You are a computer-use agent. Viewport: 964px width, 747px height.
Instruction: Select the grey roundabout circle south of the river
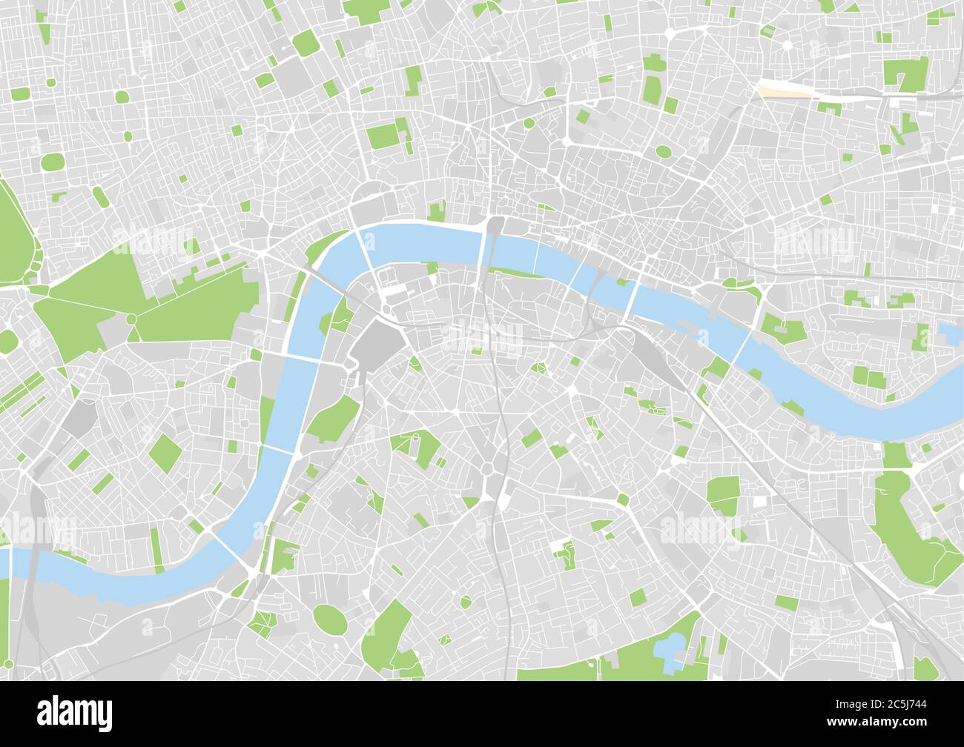pos(487,468)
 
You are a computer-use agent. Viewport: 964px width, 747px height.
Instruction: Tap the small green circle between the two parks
pos(131,319)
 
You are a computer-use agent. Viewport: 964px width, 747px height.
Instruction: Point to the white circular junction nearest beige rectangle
pos(787,44)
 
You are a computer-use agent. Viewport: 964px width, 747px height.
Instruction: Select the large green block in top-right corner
pos(905,73)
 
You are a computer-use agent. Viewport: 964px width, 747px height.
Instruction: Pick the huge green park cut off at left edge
pos(16,237)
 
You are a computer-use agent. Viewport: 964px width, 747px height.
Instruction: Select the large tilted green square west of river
pos(165,453)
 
